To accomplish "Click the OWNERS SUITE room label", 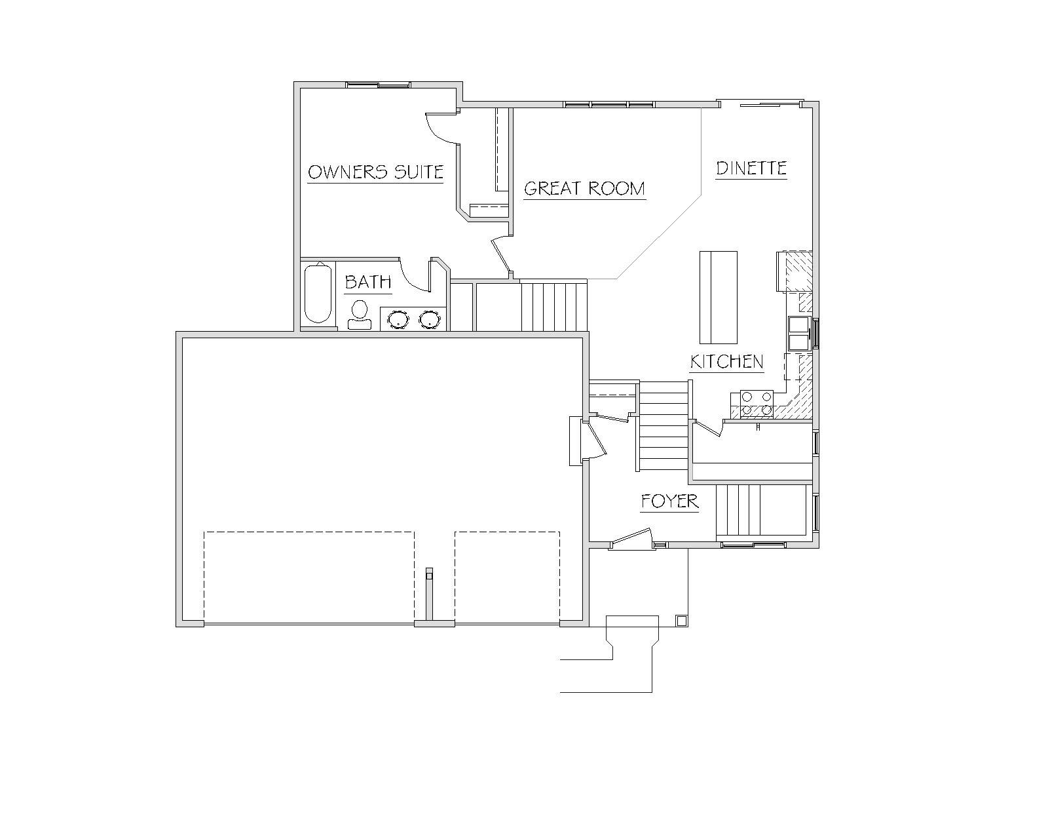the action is [x=375, y=172].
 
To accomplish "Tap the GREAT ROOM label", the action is [x=584, y=189].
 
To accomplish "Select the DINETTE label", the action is [x=751, y=168].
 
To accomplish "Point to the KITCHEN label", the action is [x=726, y=362].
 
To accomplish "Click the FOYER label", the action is [x=669, y=501].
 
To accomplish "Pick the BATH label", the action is [x=367, y=282].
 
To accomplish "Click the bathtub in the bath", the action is [x=318, y=293].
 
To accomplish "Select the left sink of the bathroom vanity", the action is [x=398, y=319].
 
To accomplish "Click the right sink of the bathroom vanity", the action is [x=430, y=319].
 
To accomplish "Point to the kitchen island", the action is [x=719, y=298].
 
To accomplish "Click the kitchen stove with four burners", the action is [x=757, y=404].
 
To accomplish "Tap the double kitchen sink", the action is [x=799, y=333].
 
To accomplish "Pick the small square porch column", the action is [x=681, y=621].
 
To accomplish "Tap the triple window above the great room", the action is [x=608, y=104].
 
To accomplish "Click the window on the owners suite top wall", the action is [x=378, y=85].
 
